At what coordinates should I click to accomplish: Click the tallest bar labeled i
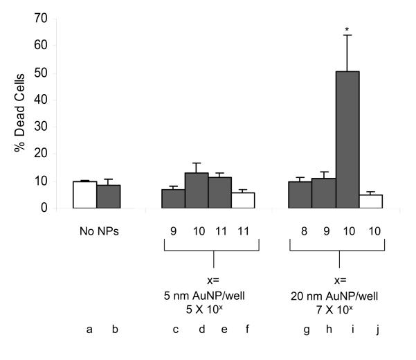pos(348,139)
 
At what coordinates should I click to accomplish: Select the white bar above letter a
pos(84,195)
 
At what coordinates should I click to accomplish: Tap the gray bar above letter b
pos(108,197)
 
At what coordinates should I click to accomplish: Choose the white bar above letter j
pos(371,201)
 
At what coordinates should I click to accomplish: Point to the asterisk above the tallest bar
pos(348,30)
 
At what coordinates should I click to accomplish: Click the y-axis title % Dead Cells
pos(19,114)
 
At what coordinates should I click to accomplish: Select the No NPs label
pos(97,230)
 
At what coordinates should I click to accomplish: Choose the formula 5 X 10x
pos(212,306)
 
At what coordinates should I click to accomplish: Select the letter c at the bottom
pos(176,330)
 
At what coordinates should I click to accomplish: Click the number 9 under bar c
pos(176,230)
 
